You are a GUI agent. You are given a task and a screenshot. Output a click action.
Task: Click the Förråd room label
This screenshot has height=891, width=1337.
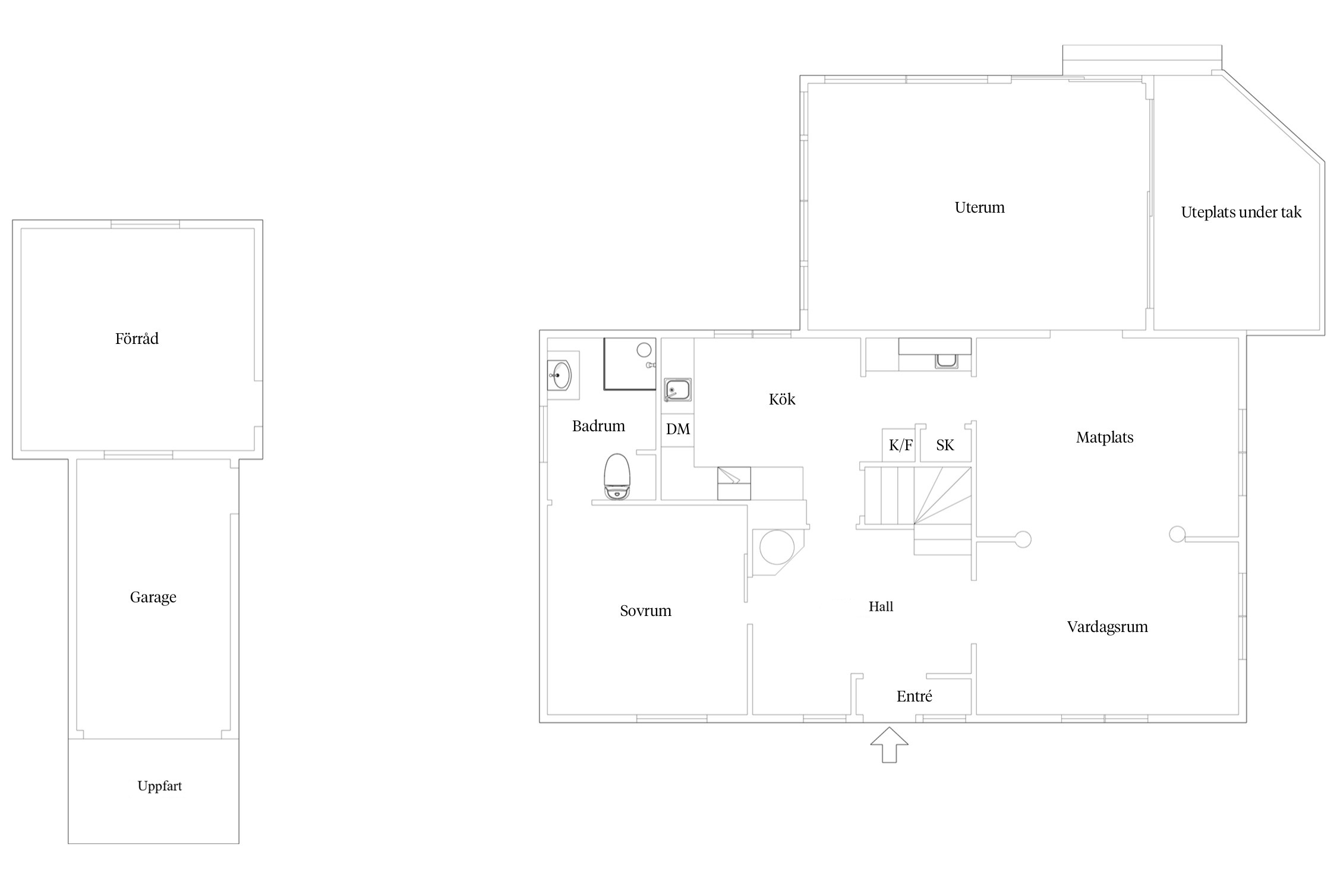pos(137,339)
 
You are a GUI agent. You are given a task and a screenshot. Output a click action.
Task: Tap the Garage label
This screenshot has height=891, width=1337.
pos(153,598)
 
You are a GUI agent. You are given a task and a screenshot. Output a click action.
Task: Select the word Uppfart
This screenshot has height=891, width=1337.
pos(160,786)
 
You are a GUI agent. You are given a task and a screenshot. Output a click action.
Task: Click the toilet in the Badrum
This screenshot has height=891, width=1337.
pos(617,476)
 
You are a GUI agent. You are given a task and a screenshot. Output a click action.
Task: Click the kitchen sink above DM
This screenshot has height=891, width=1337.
pos(677,390)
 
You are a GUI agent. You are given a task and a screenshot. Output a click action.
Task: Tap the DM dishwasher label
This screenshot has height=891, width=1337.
pos(678,429)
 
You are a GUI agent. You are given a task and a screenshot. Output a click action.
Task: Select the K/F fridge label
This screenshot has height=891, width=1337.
pos(901,445)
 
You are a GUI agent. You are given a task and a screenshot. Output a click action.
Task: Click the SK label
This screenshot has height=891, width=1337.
pos(945,445)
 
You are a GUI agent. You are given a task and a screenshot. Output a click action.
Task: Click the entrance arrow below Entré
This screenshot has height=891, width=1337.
pos(890,745)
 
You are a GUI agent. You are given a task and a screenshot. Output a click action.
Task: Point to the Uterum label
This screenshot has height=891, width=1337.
pos(980,207)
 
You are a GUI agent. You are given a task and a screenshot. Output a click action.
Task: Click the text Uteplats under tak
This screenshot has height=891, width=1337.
pos(1241,213)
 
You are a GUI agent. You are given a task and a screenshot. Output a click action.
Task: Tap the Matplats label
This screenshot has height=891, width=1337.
pos(1105,438)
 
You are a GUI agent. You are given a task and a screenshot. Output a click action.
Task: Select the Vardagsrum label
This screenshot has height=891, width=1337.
pos(1108,627)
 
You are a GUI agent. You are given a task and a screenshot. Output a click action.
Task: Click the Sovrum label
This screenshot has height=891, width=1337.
pos(646,611)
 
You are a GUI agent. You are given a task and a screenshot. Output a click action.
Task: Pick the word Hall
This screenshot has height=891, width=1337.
pos(881,606)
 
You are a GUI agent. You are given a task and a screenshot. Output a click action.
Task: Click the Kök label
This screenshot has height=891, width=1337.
pos(782,399)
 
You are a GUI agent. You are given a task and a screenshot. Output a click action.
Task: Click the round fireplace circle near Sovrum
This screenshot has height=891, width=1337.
pos(777,547)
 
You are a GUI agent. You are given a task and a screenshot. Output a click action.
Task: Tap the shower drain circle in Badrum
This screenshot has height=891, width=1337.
pos(644,350)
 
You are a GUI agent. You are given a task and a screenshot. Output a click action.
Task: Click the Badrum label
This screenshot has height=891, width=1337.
pos(599,426)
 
